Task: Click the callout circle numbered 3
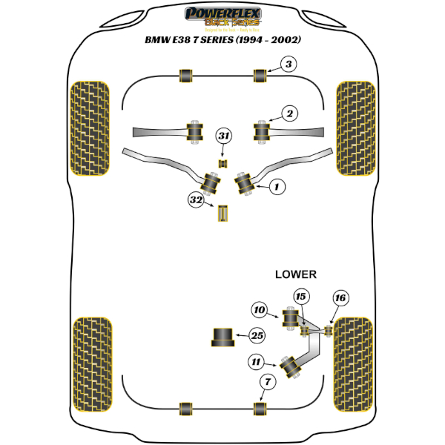289,65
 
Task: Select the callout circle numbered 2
289,113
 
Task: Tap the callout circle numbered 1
276,188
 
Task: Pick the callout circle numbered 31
224,136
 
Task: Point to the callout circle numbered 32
196,200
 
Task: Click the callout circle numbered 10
259,311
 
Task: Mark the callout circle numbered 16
340,298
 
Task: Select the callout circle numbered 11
257,362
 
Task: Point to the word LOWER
296,274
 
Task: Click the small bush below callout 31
222,162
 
